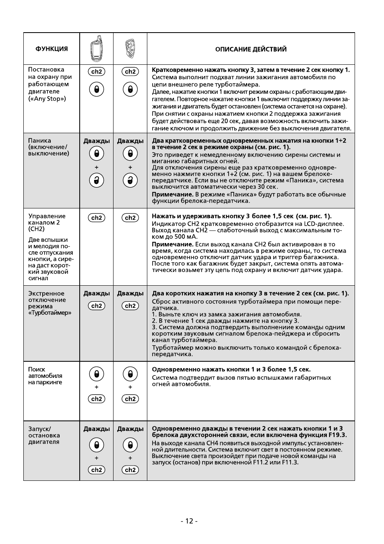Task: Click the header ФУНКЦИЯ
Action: (52, 49)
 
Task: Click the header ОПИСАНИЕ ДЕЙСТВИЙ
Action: (251, 49)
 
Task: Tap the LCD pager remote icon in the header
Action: (97, 48)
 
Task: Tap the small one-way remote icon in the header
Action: (130, 48)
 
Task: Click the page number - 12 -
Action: (189, 521)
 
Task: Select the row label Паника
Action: (39, 140)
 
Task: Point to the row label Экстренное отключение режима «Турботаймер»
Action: (49, 303)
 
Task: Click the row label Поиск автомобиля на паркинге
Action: (45, 376)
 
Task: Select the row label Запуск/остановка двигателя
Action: (44, 435)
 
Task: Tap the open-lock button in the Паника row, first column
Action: (97, 180)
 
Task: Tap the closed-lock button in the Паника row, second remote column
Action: (130, 153)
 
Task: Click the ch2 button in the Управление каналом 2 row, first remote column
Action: (97, 218)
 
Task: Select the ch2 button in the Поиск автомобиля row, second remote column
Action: (130, 399)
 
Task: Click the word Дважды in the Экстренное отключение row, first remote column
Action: (97, 293)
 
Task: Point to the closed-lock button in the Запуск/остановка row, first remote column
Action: (97, 445)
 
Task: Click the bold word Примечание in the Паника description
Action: (172, 194)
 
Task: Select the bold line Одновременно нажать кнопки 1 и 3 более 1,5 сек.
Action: (231, 369)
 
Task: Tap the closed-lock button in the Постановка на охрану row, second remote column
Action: (130, 89)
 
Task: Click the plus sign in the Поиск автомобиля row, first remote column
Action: (97, 387)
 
